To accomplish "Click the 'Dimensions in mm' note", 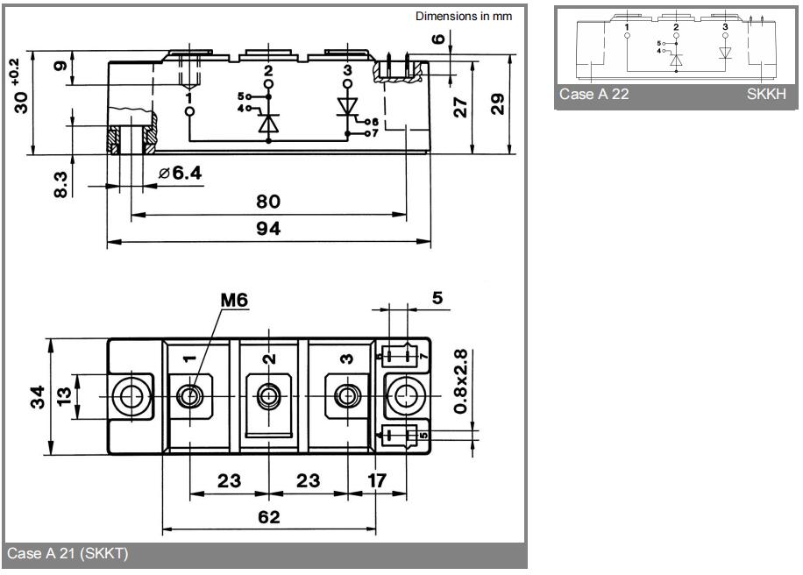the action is pyautogui.click(x=464, y=17).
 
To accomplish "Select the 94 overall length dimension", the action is pyautogui.click(x=268, y=229).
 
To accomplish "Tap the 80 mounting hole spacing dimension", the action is pyautogui.click(x=268, y=202).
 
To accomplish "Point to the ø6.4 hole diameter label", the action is pyautogui.click(x=181, y=173).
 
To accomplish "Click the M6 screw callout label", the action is pyautogui.click(x=234, y=300).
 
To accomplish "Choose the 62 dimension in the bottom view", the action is pyautogui.click(x=269, y=517).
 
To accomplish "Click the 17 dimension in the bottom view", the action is pyautogui.click(x=377, y=481).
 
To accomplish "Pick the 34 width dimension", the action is pyautogui.click(x=38, y=397).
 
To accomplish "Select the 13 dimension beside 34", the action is pyautogui.click(x=64, y=397).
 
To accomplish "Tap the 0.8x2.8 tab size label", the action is pyautogui.click(x=460, y=381).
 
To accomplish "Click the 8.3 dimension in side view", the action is pyautogui.click(x=60, y=185).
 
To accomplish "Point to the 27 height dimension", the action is pyautogui.click(x=460, y=107).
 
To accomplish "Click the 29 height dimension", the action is pyautogui.click(x=497, y=104).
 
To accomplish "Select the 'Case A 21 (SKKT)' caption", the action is pyautogui.click(x=68, y=553).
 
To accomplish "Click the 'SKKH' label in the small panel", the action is pyautogui.click(x=766, y=94).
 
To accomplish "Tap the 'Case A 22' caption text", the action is pyautogui.click(x=594, y=94).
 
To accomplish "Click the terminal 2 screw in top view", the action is pyautogui.click(x=268, y=396).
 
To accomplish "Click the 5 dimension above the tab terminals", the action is pyautogui.click(x=437, y=298).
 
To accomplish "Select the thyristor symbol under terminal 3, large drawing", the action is pyautogui.click(x=348, y=109).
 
